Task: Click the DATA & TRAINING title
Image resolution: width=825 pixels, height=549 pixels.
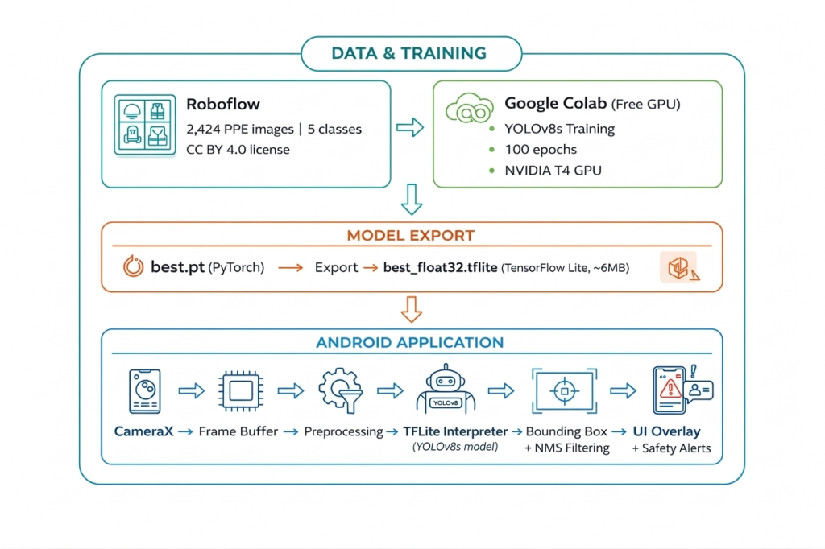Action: pyautogui.click(x=408, y=54)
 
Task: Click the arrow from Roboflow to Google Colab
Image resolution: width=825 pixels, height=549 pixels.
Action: pyautogui.click(x=410, y=126)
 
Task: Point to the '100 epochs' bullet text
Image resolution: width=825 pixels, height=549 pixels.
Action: pyautogui.click(x=541, y=149)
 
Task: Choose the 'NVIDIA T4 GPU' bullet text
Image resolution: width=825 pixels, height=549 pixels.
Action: pyautogui.click(x=553, y=170)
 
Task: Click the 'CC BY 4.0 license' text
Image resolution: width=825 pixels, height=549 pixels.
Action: pyautogui.click(x=238, y=149)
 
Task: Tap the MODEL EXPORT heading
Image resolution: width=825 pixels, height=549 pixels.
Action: pyautogui.click(x=410, y=236)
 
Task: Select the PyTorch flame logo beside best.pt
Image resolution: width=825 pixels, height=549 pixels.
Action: pyautogui.click(x=134, y=267)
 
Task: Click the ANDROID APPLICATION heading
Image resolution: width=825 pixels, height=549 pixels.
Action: pyautogui.click(x=410, y=342)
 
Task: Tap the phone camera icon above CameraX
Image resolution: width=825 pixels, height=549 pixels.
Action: pyautogui.click(x=143, y=391)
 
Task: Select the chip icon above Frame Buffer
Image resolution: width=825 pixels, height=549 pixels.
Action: pyautogui.click(x=239, y=391)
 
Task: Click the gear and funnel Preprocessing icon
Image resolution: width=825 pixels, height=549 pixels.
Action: pyautogui.click(x=339, y=391)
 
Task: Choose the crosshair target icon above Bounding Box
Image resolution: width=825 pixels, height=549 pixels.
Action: pyautogui.click(x=564, y=391)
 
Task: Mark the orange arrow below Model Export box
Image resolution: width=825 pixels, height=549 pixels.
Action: pyautogui.click(x=411, y=308)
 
